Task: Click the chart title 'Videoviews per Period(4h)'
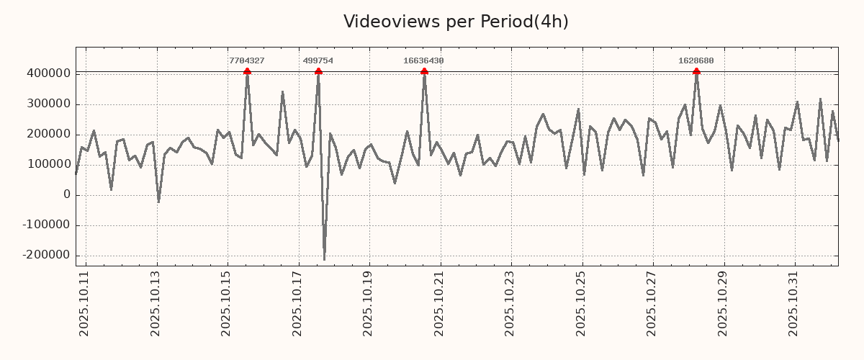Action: click(456, 22)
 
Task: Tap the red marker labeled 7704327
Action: click(247, 71)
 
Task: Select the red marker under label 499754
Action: click(318, 71)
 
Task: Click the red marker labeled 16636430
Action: click(424, 71)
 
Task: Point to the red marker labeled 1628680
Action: click(696, 71)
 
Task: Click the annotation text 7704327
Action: click(247, 61)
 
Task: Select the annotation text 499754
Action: click(318, 61)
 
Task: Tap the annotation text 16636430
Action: click(423, 61)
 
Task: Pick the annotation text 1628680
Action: click(696, 61)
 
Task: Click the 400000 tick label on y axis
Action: click(48, 73)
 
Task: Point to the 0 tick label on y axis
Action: click(67, 194)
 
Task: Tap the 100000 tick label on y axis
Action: click(48, 164)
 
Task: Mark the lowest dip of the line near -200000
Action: click(324, 259)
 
